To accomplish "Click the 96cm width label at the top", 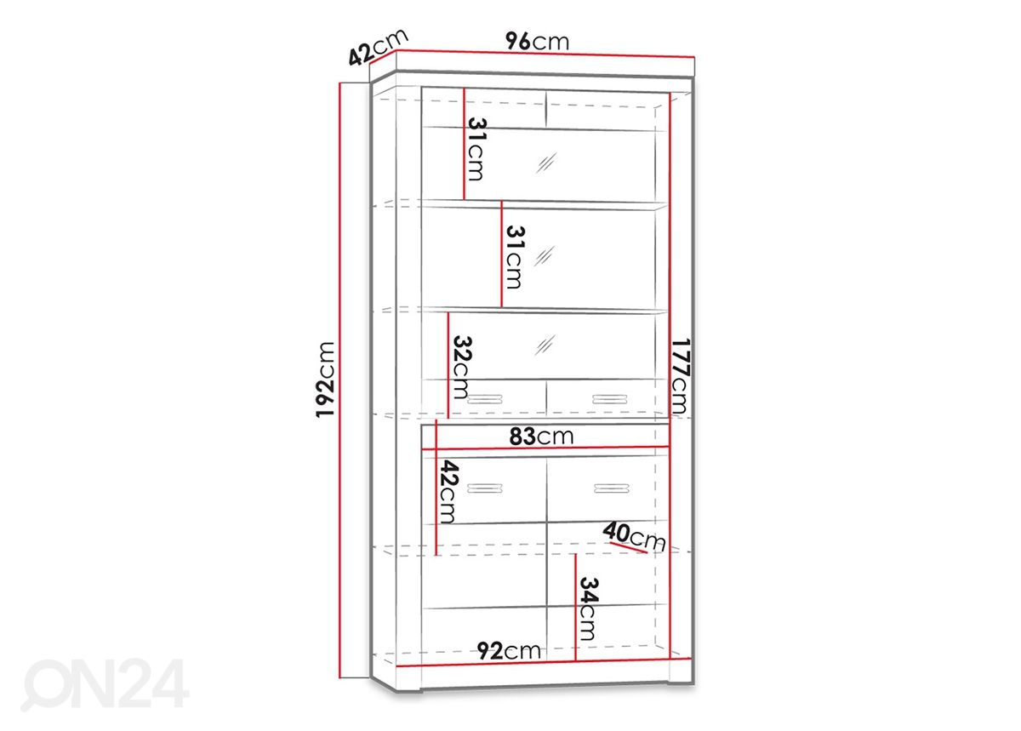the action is [538, 42].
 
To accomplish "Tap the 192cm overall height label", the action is [325, 380].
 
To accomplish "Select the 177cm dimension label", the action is [679, 376].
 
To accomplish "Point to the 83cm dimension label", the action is [541, 437].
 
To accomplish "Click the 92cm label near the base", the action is [509, 651].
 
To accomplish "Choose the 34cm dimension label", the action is [588, 609].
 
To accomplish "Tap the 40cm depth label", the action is [634, 537].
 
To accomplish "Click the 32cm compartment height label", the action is [461, 368].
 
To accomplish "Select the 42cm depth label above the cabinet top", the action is [378, 48].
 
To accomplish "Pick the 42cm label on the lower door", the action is [448, 492].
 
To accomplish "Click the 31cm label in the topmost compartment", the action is [476, 149].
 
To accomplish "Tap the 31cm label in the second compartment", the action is [515, 257].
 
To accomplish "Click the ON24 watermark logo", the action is [105, 685].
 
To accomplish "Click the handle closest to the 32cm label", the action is [484, 399].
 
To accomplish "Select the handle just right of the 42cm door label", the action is [484, 488].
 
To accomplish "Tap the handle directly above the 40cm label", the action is [612, 488].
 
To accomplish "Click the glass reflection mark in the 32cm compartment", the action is [545, 345].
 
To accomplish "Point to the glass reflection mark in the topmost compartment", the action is [546, 163].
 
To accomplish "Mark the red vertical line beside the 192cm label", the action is [340, 380].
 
